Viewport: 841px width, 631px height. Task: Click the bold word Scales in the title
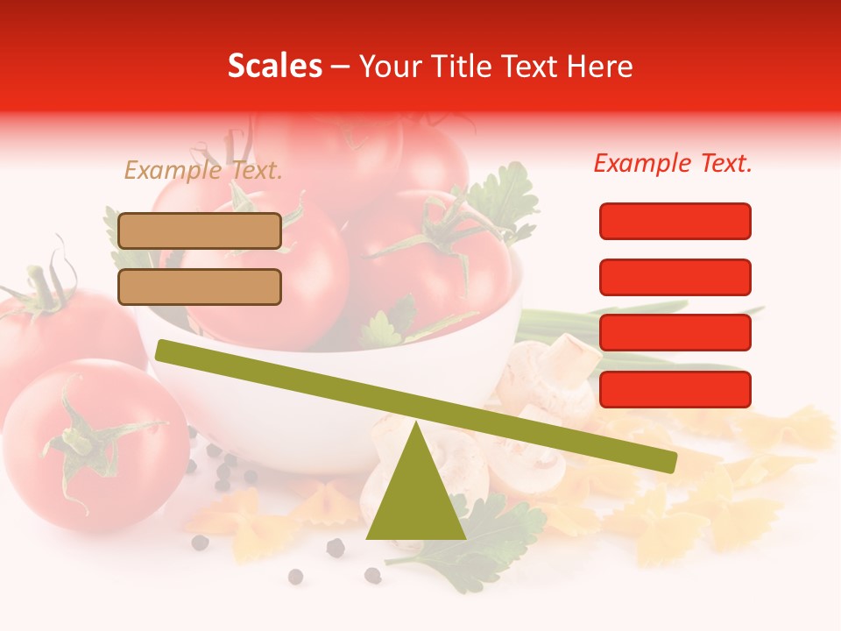tap(275, 67)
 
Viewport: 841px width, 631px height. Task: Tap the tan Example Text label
tap(203, 171)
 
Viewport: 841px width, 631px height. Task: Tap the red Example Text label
tap(673, 163)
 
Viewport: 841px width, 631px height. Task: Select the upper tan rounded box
tap(200, 230)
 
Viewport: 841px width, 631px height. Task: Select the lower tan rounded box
tap(200, 287)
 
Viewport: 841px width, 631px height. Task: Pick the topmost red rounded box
tap(675, 221)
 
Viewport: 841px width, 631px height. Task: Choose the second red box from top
tap(675, 277)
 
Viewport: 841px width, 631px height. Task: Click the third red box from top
tap(675, 333)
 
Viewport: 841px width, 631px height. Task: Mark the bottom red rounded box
tap(675, 389)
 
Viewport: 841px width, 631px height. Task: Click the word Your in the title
tap(388, 67)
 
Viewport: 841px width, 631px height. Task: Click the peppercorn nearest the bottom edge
tap(296, 576)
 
